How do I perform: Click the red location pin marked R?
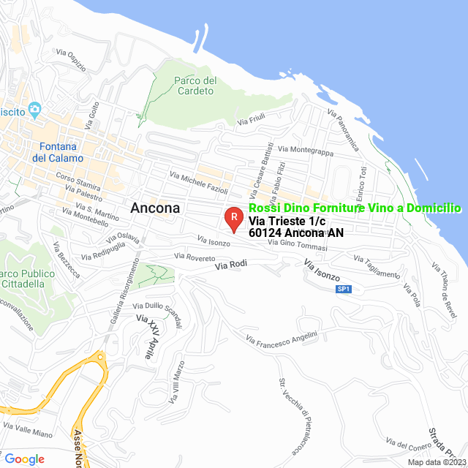click(233, 218)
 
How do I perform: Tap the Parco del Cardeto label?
click(196, 86)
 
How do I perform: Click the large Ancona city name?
click(155, 208)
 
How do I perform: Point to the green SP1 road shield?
click(344, 290)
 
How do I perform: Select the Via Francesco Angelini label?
click(282, 339)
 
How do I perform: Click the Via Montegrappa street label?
click(306, 151)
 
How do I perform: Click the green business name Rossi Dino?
click(355, 208)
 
